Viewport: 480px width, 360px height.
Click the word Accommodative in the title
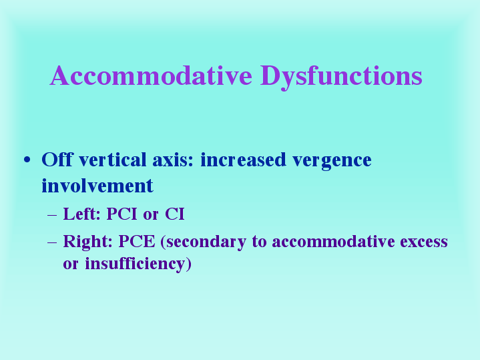coord(152,75)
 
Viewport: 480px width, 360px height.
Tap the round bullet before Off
coord(27,160)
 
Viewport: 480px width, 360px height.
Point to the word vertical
coord(113,160)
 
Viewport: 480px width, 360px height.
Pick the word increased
coord(243,160)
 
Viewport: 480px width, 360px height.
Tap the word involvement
coord(97,186)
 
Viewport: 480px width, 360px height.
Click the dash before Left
coord(52,215)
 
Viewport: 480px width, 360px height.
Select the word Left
coord(81,214)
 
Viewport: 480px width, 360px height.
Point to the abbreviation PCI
coord(122,214)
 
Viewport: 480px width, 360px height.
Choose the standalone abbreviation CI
coord(175,214)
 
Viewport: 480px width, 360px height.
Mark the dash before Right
coord(52,242)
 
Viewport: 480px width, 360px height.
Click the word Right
coord(88,242)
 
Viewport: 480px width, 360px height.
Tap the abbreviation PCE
coord(137,241)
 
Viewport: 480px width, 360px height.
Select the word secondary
coord(203,242)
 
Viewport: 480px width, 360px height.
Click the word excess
coord(424,242)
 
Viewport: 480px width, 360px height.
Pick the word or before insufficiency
coord(71,264)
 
